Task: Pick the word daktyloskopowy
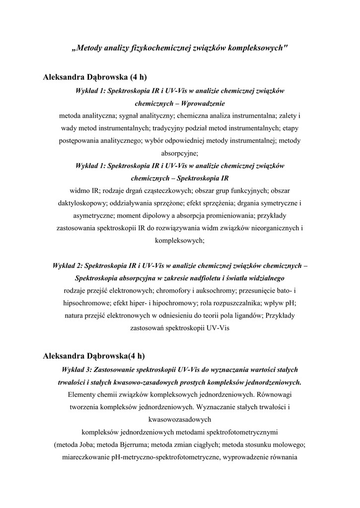(x=79, y=203)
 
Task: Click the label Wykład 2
(x=68, y=265)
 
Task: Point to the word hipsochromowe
(x=87, y=303)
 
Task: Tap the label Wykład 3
(x=76, y=370)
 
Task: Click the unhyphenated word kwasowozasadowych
(x=180, y=420)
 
